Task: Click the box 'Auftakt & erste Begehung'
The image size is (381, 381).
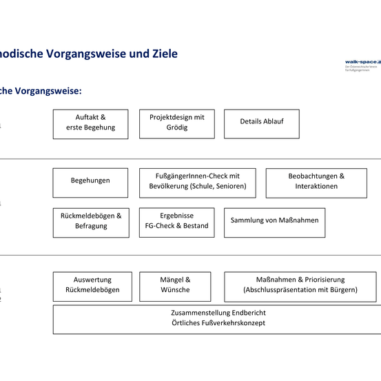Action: (x=90, y=123)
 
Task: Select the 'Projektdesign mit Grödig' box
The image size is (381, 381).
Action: (x=176, y=123)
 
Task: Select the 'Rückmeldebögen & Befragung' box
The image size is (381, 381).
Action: (x=90, y=221)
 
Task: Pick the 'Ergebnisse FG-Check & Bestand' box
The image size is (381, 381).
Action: (x=176, y=221)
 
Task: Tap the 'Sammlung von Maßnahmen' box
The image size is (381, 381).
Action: (x=274, y=221)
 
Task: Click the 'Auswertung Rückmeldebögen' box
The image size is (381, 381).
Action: (x=92, y=285)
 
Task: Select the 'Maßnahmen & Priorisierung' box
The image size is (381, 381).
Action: (x=301, y=285)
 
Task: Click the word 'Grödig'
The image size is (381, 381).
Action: (x=176, y=128)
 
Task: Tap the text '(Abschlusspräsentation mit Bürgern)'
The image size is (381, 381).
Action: (x=300, y=291)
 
